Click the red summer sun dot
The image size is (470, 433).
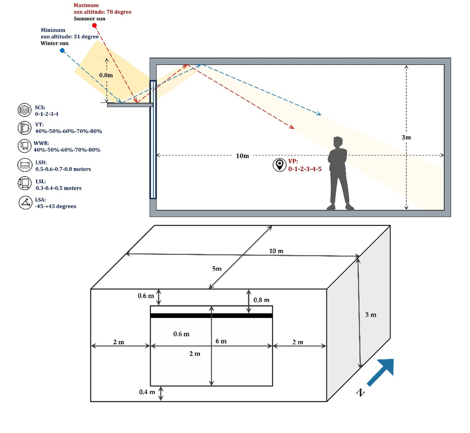pyautogui.click(x=94, y=26)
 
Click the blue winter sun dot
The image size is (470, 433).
pyautogui.click(x=62, y=50)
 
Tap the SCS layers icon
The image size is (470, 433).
pyautogui.click(x=24, y=110)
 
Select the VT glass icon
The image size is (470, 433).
pyautogui.click(x=24, y=128)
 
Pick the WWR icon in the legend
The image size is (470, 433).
pyautogui.click(x=24, y=146)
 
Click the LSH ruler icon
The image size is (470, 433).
pyautogui.click(x=24, y=165)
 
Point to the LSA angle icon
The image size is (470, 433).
pyautogui.click(x=26, y=202)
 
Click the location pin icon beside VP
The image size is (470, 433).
pyautogui.click(x=279, y=165)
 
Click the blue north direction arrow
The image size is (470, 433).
pyautogui.click(x=381, y=371)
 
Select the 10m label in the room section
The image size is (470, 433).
pyautogui.click(x=242, y=156)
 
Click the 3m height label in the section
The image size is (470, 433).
pyautogui.click(x=406, y=137)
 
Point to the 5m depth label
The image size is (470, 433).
pyautogui.click(x=217, y=269)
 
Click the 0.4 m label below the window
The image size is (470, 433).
pyautogui.click(x=147, y=392)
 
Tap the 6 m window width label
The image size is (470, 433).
pyautogui.click(x=221, y=341)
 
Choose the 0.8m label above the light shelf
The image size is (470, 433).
pyautogui.click(x=106, y=75)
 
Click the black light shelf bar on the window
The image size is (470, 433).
pyautogui.click(x=211, y=316)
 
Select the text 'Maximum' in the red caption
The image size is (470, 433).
pyautogui.click(x=86, y=5)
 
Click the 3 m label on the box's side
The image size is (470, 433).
pyautogui.click(x=371, y=315)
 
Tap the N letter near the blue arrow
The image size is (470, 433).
pyautogui.click(x=360, y=392)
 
